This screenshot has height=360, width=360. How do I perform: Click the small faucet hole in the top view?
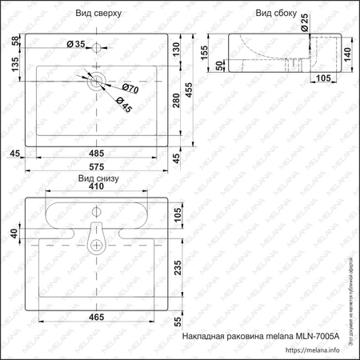click(x=96, y=48)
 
